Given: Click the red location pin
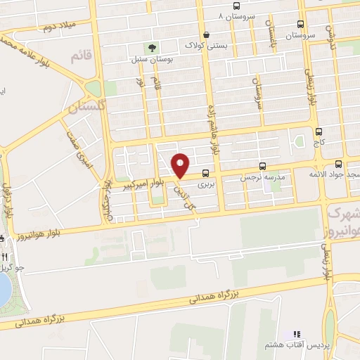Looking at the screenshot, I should [x=181, y=165].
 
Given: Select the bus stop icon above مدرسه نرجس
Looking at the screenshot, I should [x=262, y=167].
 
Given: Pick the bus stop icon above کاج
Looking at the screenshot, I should [x=319, y=131].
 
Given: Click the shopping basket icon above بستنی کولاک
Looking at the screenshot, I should [x=205, y=34].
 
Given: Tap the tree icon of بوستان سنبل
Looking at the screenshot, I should [x=151, y=48].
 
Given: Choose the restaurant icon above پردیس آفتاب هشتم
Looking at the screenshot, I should [x=296, y=334].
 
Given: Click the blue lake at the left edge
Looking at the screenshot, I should [x=5, y=288].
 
